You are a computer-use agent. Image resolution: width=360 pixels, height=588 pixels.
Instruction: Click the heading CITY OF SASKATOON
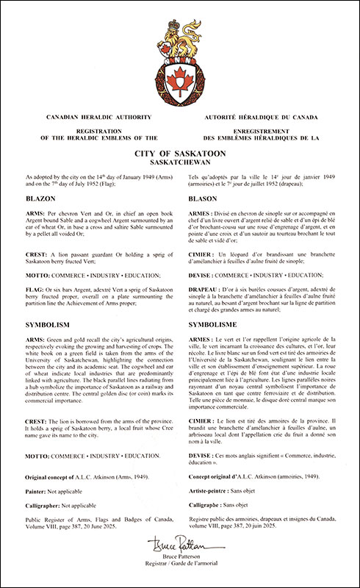(x=180, y=151)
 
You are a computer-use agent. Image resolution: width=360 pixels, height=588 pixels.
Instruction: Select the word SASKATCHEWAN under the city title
(x=180, y=161)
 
